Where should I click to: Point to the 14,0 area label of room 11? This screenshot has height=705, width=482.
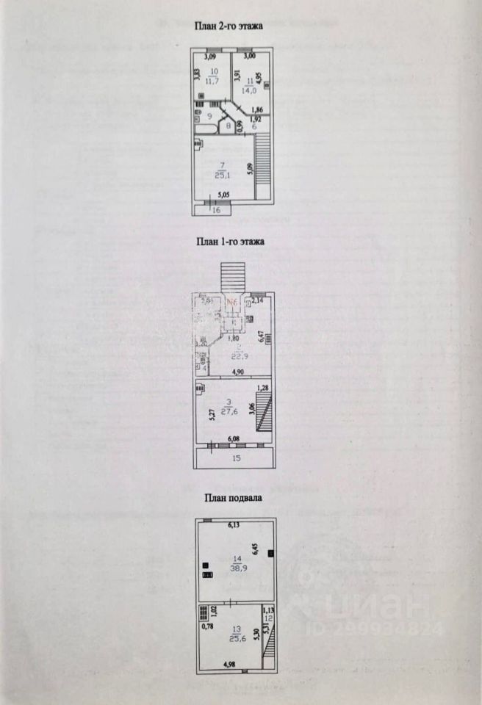[x=250, y=91]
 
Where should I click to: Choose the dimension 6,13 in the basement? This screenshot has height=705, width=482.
[x=234, y=525]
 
